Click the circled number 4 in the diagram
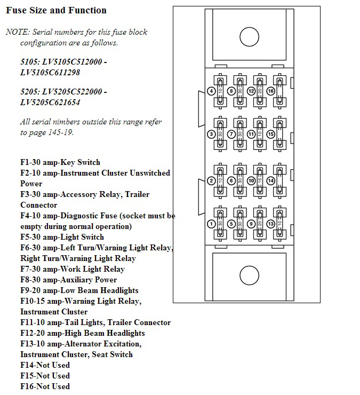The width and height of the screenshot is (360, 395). (x=212, y=91)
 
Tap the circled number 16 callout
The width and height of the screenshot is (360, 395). (x=270, y=91)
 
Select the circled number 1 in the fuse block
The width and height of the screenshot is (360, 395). (x=212, y=224)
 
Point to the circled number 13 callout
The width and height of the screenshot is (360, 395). (x=270, y=224)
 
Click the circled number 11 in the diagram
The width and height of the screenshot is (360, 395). (x=251, y=134)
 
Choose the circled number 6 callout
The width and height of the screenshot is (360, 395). (x=231, y=181)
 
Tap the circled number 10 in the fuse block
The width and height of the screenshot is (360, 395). (x=251, y=181)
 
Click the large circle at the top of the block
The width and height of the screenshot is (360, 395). (x=249, y=37)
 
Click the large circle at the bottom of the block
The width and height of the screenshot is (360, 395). (x=249, y=275)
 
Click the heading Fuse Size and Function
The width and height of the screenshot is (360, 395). (x=56, y=10)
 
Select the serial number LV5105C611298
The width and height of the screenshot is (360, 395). (x=50, y=72)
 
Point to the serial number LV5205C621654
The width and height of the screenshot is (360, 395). (x=50, y=102)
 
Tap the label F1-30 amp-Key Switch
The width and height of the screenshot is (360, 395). (x=60, y=162)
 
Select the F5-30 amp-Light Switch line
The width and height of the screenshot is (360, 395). (x=62, y=237)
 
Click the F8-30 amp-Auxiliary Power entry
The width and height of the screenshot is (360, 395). (x=68, y=280)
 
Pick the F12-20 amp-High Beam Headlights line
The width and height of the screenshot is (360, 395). (x=82, y=333)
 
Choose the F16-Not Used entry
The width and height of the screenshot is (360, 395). (x=45, y=386)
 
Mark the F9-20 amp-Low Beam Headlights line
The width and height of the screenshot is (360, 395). (x=79, y=290)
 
